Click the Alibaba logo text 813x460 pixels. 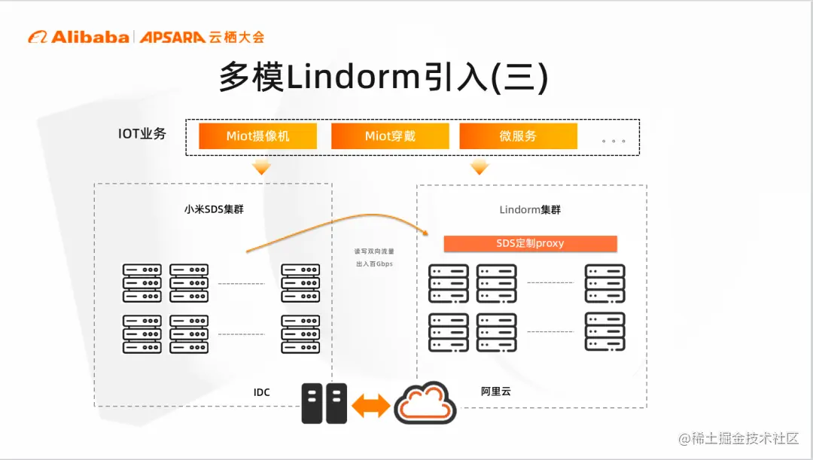88,37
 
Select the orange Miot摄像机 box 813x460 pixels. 258,136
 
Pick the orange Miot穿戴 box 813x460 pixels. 390,136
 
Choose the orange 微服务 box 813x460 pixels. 518,136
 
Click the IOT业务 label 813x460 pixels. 142,134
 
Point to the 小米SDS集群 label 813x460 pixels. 214,209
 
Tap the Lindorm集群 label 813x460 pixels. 530,209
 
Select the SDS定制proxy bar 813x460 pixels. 530,243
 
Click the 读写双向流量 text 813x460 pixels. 374,251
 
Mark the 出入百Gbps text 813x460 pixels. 374,264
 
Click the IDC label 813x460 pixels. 261,392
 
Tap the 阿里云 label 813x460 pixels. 496,391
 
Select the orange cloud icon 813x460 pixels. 426,404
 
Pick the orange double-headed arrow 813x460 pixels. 371,406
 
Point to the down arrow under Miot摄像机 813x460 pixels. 261,167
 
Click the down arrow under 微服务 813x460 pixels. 480,167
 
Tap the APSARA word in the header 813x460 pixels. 172,37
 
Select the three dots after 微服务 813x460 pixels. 614,141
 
